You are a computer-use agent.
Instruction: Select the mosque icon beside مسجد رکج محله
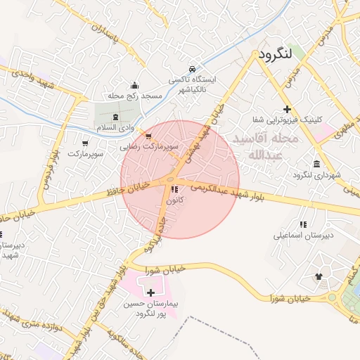point(135,84)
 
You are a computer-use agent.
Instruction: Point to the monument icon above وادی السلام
point(115,117)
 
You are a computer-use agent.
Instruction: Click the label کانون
point(174,201)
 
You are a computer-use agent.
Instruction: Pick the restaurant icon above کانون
point(174,190)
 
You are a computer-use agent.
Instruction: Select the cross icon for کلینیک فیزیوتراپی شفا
point(287,109)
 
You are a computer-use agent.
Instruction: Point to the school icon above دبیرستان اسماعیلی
point(303,224)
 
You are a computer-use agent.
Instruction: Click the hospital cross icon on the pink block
point(150,291)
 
